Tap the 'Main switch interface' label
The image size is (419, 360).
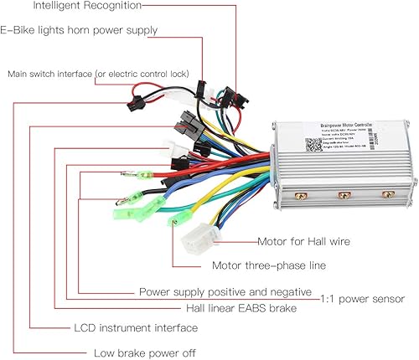(98, 74)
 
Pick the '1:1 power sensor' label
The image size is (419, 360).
(363, 299)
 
